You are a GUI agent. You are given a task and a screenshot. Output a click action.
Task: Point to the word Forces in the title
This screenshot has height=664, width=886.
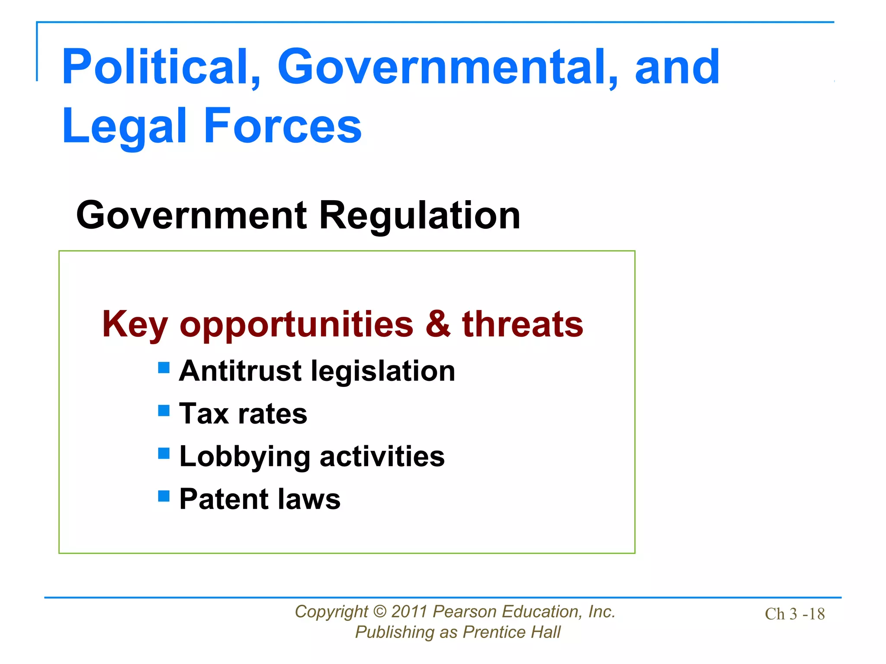coord(282,126)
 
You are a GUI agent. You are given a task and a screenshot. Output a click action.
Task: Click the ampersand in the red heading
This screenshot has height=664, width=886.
coord(438,324)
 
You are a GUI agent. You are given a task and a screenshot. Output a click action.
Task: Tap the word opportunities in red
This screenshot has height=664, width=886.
coord(297,325)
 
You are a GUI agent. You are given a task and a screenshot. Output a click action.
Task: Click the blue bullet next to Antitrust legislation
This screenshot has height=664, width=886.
coord(164,367)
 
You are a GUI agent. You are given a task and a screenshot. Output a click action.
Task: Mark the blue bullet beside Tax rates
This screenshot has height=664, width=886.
coord(164,410)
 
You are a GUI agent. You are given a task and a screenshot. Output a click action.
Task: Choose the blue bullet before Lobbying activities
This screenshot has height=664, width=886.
coord(164,453)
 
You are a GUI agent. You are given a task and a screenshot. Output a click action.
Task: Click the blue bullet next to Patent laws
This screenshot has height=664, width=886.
coord(164,496)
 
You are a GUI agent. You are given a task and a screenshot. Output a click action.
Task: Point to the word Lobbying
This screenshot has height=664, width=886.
coord(245,457)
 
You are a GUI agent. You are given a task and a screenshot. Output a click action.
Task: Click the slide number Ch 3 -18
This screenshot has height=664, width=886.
coord(794,614)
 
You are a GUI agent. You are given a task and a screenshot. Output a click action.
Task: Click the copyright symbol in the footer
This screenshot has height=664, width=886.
coord(379,612)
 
